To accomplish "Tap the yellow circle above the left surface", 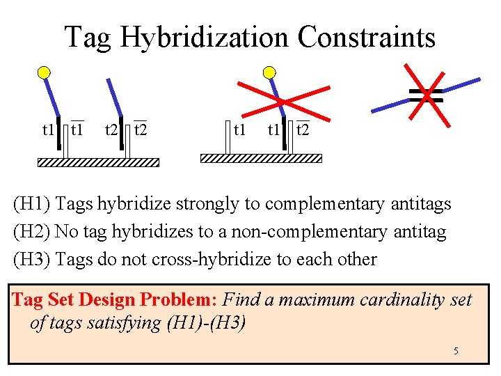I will point(45,72).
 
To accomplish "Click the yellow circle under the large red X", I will point(269,72).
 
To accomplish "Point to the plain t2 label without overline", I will point(111,130).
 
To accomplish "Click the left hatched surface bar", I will point(98,162).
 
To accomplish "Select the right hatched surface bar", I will point(261,158).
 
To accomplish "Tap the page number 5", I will point(456,351).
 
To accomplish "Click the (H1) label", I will point(31,204).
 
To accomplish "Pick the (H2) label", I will point(31,232).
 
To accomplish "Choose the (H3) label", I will point(31,260).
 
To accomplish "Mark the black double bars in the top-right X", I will point(426,96).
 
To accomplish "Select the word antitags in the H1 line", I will point(421,204).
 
